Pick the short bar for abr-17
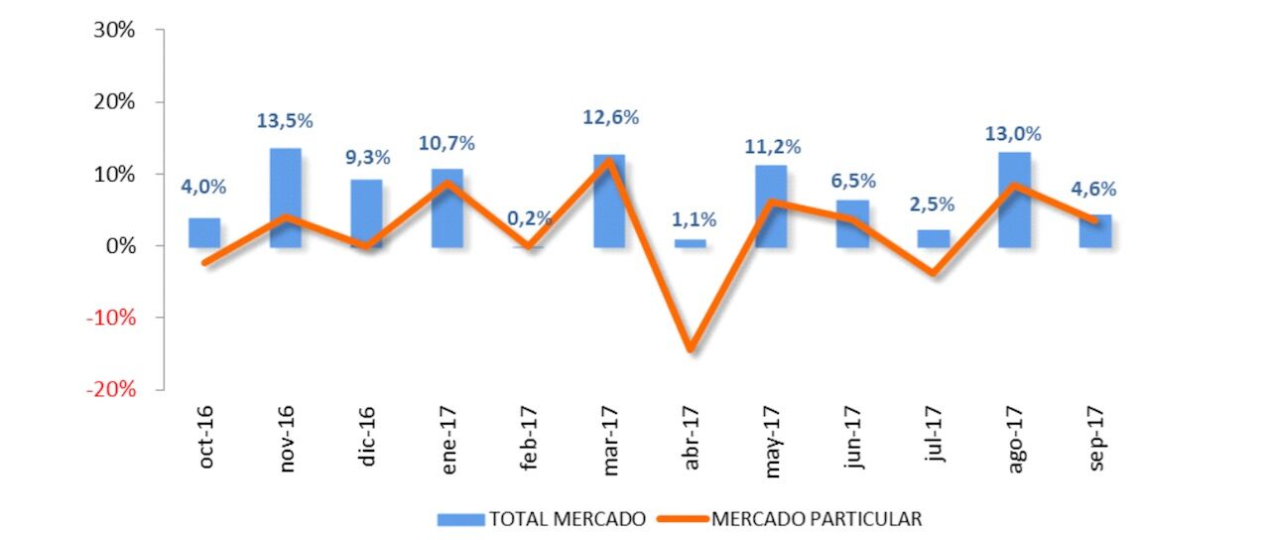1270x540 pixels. click(x=691, y=242)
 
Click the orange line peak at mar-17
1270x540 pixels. click(x=609, y=160)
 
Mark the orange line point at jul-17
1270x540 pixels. click(x=934, y=272)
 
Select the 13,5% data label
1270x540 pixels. click(x=286, y=121)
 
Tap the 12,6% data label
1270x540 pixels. click(x=610, y=117)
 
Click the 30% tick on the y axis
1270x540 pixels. click(x=114, y=31)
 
